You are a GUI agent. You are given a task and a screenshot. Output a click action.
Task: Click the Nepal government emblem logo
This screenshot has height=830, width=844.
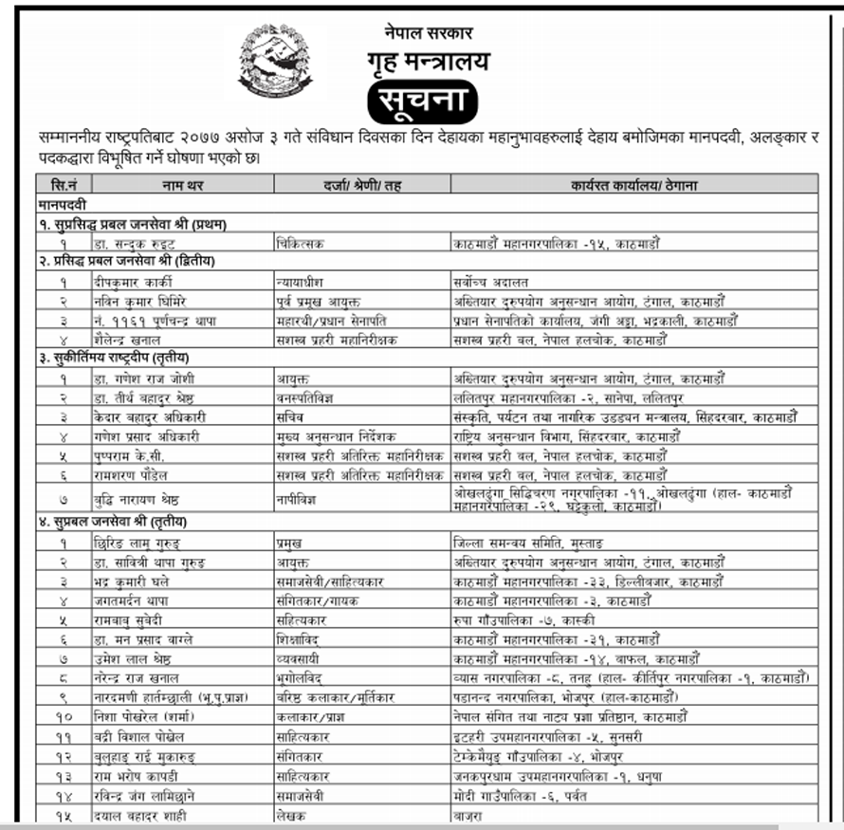point(275,62)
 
